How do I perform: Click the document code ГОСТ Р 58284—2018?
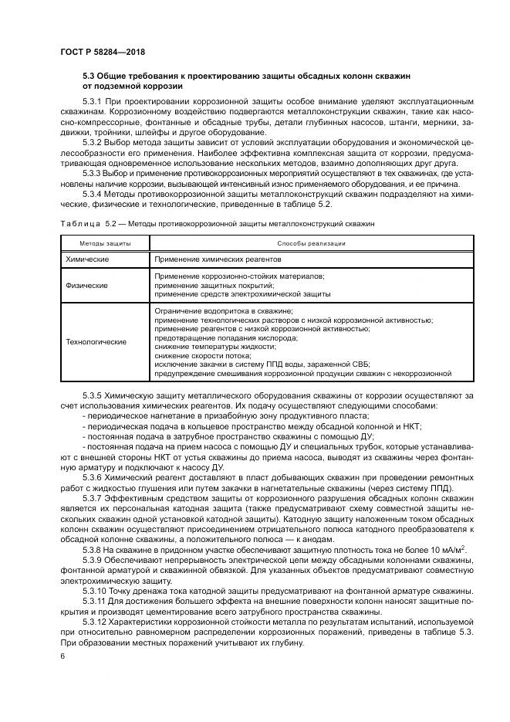pyautogui.click(x=103, y=53)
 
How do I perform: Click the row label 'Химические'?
pyautogui.click(x=87, y=259)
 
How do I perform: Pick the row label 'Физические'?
pyautogui.click(x=87, y=285)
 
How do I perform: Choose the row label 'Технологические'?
pyautogui.click(x=96, y=341)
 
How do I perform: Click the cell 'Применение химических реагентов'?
pyautogui.click(x=208, y=259)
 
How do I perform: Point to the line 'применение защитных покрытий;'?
pyautogui.click(x=204, y=285)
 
